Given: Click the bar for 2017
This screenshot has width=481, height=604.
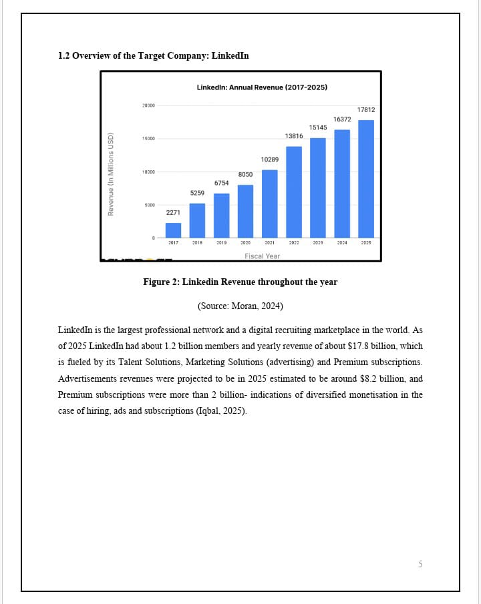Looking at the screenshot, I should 173,230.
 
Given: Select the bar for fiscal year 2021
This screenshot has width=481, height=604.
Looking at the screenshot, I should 269,204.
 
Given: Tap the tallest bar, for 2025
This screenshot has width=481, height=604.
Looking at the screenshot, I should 366,179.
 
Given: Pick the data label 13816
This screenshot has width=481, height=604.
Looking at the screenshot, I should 294,136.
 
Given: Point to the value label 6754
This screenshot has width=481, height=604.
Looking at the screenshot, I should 221,183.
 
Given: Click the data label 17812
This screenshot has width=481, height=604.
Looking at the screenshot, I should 366,109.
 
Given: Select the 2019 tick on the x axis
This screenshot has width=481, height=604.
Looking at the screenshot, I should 221,243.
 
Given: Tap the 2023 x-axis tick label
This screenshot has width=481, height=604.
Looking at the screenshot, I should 318,243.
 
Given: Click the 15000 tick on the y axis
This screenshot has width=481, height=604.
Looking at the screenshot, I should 148,139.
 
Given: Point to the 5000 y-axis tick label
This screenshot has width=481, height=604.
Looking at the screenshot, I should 148,206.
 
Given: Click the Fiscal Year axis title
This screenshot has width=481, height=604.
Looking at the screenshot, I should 262,256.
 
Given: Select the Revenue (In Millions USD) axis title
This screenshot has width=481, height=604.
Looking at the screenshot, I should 112,173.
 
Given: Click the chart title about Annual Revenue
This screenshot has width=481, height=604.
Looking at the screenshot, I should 262,87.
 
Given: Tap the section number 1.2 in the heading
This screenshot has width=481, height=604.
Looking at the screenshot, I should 64,55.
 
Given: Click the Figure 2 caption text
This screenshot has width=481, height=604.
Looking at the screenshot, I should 240,282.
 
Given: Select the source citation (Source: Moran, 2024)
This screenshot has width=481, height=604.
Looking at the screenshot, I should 240,306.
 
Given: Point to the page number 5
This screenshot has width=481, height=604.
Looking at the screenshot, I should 420,565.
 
